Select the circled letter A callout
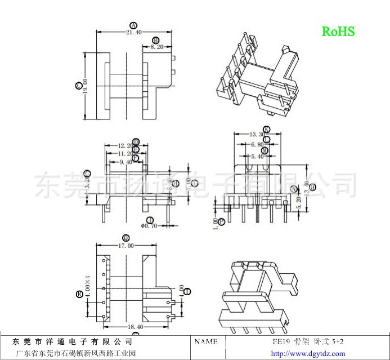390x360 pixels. pos(133,25)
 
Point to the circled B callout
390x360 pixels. pos(154,40)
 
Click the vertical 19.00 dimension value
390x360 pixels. pos(86,86)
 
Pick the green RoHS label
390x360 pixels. pos(338,32)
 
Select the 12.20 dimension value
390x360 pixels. pos(125,146)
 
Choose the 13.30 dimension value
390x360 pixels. pos(257,135)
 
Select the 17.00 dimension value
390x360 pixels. pos(126,246)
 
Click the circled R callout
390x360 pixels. pos(79,294)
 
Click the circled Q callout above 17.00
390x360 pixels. pos(126,238)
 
